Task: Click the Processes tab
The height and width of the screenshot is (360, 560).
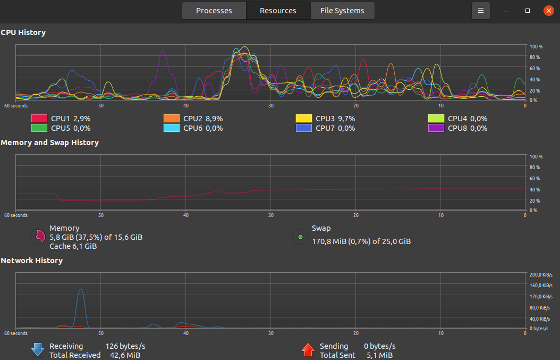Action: point(214,11)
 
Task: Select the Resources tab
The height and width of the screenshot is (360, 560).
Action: point(278,11)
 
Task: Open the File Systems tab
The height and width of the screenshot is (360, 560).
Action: point(342,11)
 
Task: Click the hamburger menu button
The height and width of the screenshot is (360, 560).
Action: point(481,11)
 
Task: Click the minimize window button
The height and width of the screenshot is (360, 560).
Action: point(507,11)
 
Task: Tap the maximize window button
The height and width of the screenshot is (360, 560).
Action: point(528,11)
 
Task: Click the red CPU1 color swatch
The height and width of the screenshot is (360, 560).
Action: point(39,119)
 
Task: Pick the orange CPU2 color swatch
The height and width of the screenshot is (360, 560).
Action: point(172,119)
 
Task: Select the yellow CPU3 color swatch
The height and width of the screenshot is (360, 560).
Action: point(304,119)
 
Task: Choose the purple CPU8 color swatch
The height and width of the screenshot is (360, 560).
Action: point(436,128)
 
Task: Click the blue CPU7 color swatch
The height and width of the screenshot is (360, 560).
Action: point(304,128)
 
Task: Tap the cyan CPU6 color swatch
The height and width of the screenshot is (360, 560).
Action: point(172,128)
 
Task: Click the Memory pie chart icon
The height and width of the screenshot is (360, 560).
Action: point(38,237)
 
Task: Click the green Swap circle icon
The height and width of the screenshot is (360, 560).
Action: point(300,237)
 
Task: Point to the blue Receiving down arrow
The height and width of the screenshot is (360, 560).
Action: point(37,349)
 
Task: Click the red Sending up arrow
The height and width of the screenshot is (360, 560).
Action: point(308,349)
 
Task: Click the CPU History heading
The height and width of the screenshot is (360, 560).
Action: point(23,32)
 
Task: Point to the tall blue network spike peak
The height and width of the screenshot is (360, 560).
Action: point(80,289)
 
